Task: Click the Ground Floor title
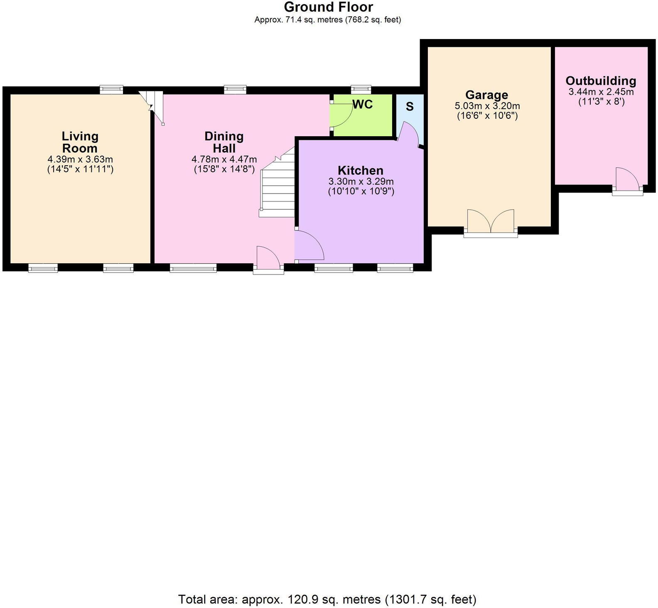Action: point(328,7)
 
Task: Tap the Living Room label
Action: point(80,142)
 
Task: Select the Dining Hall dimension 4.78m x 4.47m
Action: point(224,159)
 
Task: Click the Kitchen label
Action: point(360,170)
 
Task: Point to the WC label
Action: point(363,105)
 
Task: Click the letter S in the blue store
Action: point(410,107)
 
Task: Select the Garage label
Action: point(486,95)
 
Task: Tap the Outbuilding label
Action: point(601,81)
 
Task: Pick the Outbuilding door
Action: point(627,179)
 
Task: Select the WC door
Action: point(340,115)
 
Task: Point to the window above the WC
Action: point(361,89)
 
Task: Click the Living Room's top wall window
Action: point(112,89)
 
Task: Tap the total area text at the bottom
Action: point(327,599)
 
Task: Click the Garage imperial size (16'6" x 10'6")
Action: point(487,116)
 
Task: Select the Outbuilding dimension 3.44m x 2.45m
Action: point(601,92)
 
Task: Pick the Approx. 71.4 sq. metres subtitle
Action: point(327,20)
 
